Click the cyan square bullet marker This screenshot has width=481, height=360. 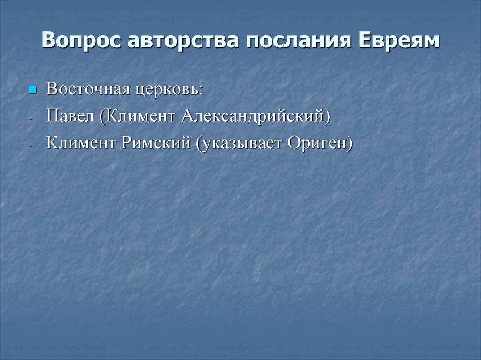pyautogui.click(x=32, y=89)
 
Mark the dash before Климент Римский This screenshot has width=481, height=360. pyautogui.click(x=31, y=146)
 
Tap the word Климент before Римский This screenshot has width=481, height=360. pyautogui.click(x=81, y=143)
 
